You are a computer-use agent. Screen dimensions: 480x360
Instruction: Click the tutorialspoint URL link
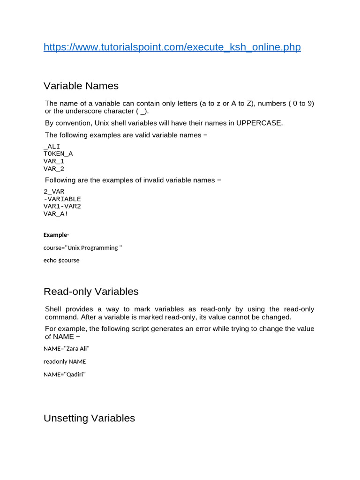[172, 47]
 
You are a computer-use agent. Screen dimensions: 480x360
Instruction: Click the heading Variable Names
[81, 86]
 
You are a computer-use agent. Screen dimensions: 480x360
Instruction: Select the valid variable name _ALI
[52, 146]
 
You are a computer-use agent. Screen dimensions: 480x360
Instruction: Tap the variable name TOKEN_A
[58, 154]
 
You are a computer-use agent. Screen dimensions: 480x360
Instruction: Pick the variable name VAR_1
[54, 161]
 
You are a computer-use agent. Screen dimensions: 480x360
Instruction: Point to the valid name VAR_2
[54, 169]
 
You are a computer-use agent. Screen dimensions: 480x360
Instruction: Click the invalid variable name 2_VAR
[54, 191]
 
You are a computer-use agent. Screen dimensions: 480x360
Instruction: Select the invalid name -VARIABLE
[62, 199]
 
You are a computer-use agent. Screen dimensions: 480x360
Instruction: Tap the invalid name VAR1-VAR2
[62, 206]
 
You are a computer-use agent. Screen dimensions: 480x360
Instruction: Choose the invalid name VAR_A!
[56, 214]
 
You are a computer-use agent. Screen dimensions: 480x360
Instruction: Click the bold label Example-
[56, 235]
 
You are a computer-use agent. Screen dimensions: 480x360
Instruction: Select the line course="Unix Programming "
[83, 247]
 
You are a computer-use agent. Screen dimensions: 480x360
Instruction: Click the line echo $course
[61, 260]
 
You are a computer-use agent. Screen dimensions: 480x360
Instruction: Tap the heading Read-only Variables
[91, 292]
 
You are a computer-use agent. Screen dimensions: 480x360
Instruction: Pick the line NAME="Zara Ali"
[67, 349]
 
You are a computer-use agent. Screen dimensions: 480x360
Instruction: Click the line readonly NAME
[65, 361]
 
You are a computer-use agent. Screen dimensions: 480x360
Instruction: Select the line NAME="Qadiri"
[65, 375]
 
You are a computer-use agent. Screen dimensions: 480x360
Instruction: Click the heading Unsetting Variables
[89, 418]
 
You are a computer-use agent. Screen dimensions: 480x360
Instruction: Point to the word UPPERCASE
[259, 123]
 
